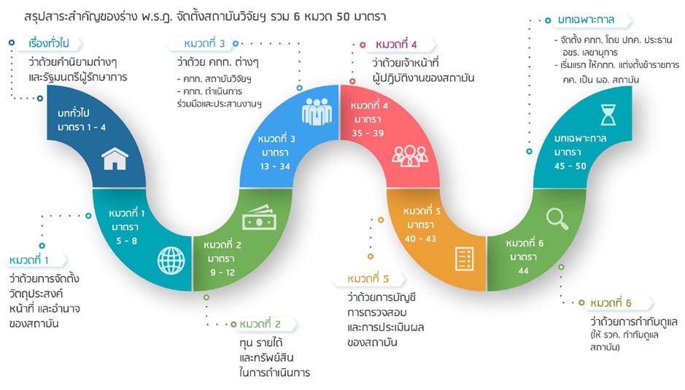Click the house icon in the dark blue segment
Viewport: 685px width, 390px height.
pos(115,158)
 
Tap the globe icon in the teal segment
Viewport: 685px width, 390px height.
pos(171,261)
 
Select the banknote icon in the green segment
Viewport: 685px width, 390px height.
pos(259,218)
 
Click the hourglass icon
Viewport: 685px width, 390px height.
pos(608,115)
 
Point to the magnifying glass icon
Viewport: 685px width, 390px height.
pos(557,218)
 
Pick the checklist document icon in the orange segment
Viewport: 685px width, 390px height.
pos(465,259)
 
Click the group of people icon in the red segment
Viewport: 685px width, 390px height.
pos(410,156)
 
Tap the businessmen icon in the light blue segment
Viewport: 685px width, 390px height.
pos(317,112)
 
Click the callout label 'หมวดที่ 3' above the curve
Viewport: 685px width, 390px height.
pos(204,44)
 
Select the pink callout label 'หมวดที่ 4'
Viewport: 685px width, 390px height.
pos(396,45)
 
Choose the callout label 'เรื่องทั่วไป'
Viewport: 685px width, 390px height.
pos(48,43)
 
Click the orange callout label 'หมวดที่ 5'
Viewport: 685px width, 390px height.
pos(368,278)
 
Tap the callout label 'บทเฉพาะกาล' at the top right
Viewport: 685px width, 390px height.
pos(586,20)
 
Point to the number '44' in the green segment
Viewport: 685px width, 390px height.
pos(523,271)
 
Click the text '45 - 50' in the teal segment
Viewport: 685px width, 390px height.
pos(570,166)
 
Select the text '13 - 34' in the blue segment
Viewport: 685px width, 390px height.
pos(275,167)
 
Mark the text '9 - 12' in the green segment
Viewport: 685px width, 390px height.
pos(222,273)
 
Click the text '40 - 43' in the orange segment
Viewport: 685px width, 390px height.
pos(420,239)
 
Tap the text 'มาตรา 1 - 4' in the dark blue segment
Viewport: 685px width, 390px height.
pos(82,127)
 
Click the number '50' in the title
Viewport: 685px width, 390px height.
pos(344,17)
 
